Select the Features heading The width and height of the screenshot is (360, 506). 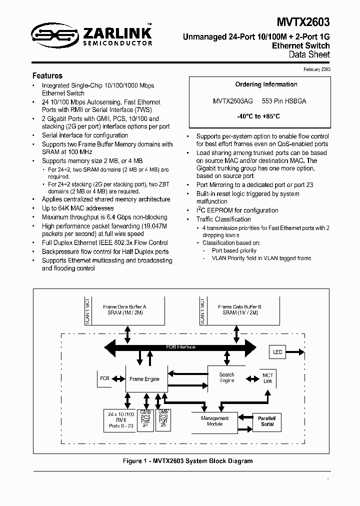[47, 76]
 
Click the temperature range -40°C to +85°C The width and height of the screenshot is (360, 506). [258, 116]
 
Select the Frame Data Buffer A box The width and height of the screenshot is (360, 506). [124, 309]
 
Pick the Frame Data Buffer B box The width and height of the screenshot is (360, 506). [239, 309]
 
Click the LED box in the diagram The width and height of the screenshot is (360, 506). [277, 352]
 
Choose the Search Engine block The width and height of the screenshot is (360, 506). [226, 377]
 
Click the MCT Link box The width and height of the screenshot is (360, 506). [268, 378]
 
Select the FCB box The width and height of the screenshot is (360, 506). [104, 378]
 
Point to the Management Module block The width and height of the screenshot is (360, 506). [214, 421]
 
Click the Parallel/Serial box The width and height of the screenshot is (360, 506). [267, 420]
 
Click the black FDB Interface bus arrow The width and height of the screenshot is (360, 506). [180, 347]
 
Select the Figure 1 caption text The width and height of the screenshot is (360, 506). [180, 461]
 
